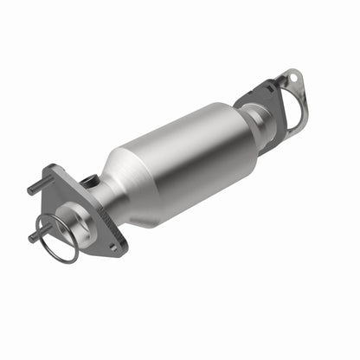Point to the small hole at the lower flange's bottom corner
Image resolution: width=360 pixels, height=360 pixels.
[112, 247]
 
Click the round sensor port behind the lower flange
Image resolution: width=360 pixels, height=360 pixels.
[89, 182]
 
